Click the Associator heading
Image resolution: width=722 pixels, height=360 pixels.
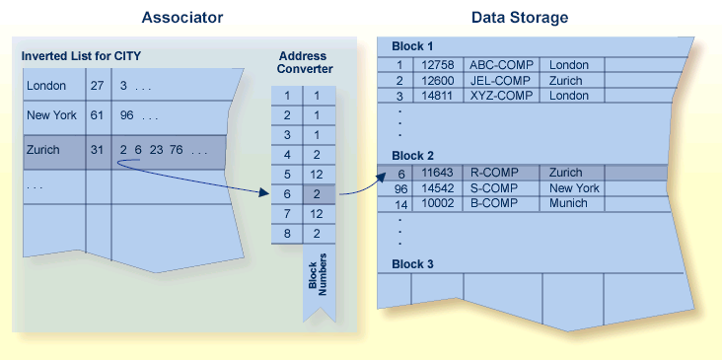181,17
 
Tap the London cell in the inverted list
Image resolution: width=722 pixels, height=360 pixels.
46,86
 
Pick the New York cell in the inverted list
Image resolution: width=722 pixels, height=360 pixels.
51,115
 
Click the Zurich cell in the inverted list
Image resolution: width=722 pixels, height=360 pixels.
43,150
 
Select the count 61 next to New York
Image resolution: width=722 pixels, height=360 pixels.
97,115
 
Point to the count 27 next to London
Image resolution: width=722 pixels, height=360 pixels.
97,86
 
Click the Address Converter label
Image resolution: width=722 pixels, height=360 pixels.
303,63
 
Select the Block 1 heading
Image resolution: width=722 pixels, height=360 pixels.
412,46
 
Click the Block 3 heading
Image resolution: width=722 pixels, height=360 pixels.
412,264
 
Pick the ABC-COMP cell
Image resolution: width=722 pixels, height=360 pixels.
500,65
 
